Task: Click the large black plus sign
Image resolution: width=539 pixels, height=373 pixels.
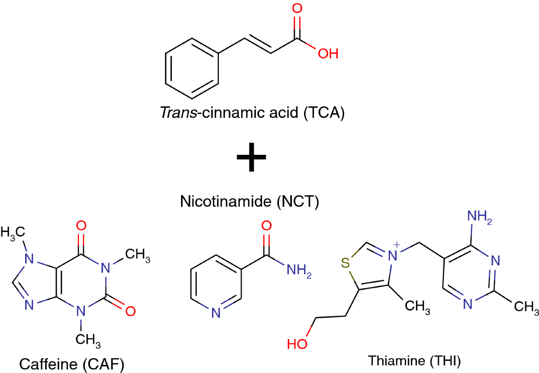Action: point(251,158)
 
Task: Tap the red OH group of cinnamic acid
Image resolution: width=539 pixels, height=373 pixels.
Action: point(327,54)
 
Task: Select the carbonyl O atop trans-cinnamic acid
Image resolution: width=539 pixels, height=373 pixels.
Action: point(297,10)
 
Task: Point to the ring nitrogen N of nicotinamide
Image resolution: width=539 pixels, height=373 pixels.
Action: point(216,313)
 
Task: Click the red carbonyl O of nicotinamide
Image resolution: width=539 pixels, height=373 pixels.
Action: point(266,226)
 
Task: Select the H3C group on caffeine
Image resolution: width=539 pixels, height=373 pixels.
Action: point(12,233)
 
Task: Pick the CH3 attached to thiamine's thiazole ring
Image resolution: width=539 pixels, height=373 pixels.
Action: point(417,307)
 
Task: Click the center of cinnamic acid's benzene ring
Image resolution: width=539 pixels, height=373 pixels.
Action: point(192,68)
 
